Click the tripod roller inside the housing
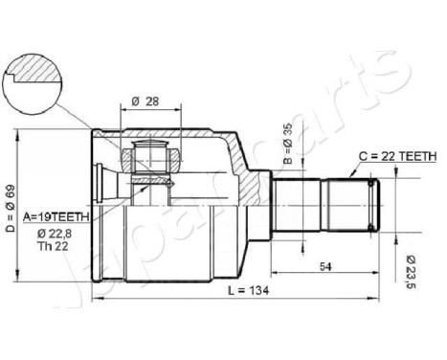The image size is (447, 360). coord(152,157)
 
